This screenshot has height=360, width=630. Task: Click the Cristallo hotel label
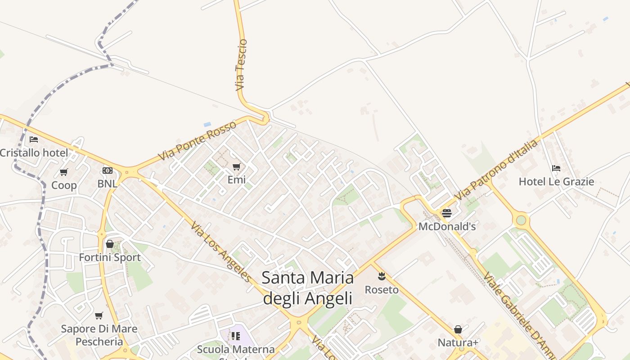click(x=34, y=153)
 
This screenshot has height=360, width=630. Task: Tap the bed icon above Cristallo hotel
click(x=34, y=139)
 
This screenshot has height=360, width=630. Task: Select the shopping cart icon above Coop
click(x=63, y=172)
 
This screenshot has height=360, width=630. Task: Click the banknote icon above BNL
click(x=107, y=171)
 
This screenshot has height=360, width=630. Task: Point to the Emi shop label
click(x=236, y=180)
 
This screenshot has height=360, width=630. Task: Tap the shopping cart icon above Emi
click(x=236, y=167)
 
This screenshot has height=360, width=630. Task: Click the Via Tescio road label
click(x=241, y=65)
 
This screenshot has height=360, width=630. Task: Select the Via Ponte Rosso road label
click(x=197, y=141)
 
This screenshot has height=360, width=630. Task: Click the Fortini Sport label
click(x=110, y=257)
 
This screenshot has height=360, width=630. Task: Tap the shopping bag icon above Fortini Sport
click(x=109, y=244)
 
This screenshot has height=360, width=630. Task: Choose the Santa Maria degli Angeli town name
click(x=307, y=288)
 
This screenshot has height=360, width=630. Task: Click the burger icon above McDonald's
click(x=446, y=213)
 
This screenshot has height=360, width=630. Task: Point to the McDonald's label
click(x=447, y=226)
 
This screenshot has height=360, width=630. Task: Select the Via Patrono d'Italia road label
click(x=497, y=170)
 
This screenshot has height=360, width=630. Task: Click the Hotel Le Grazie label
click(x=556, y=182)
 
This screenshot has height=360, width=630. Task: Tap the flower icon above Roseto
click(x=382, y=276)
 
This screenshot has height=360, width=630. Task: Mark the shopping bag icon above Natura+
click(x=458, y=330)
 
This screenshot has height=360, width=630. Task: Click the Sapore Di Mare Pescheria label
click(x=99, y=335)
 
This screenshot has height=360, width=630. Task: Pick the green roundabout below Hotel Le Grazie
click(x=521, y=220)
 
